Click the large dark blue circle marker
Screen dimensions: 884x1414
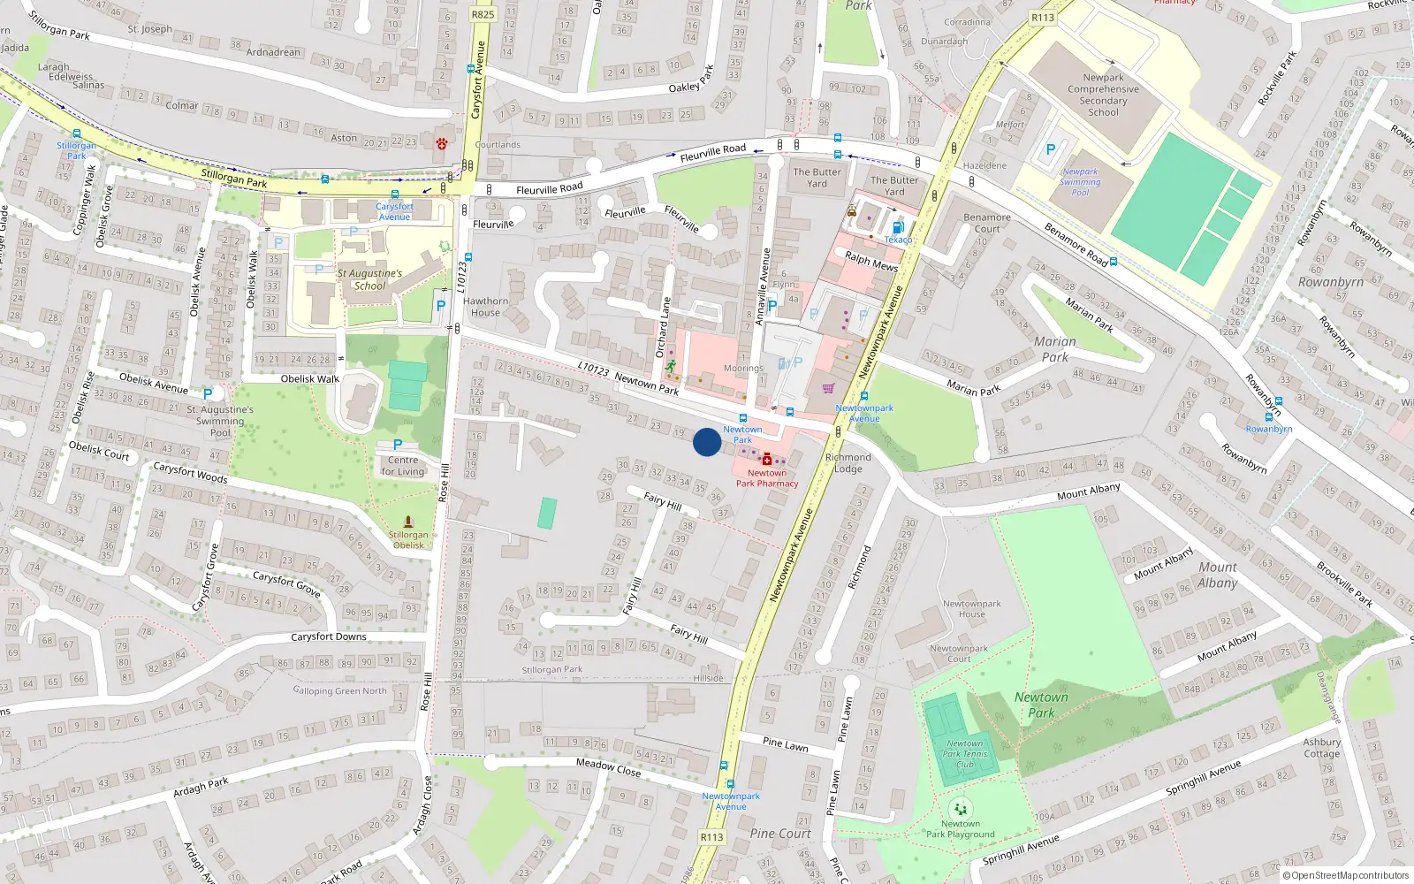[707, 442]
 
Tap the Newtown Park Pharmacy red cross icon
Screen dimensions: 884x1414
[766, 460]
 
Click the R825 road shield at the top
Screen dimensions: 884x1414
[483, 14]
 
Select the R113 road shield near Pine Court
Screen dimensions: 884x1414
[711, 837]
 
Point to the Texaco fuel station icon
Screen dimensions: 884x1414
[898, 227]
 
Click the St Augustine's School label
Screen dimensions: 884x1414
[369, 279]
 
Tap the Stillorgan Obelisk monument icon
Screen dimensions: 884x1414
[407, 522]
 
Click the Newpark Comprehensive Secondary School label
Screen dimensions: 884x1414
[1103, 95]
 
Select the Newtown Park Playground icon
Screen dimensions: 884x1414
[960, 809]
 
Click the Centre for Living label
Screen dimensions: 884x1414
[403, 466]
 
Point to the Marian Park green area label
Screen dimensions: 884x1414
[1054, 349]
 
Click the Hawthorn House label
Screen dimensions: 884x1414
[485, 307]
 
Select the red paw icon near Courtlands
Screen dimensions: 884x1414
[441, 143]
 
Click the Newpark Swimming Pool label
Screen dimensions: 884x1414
[1080, 182]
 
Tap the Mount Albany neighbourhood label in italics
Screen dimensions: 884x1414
[1218, 575]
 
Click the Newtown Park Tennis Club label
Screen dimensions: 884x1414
[964, 754]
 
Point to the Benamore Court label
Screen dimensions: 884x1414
[987, 223]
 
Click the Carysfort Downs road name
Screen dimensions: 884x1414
[329, 636]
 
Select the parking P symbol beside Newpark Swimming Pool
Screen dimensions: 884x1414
[1051, 150]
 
